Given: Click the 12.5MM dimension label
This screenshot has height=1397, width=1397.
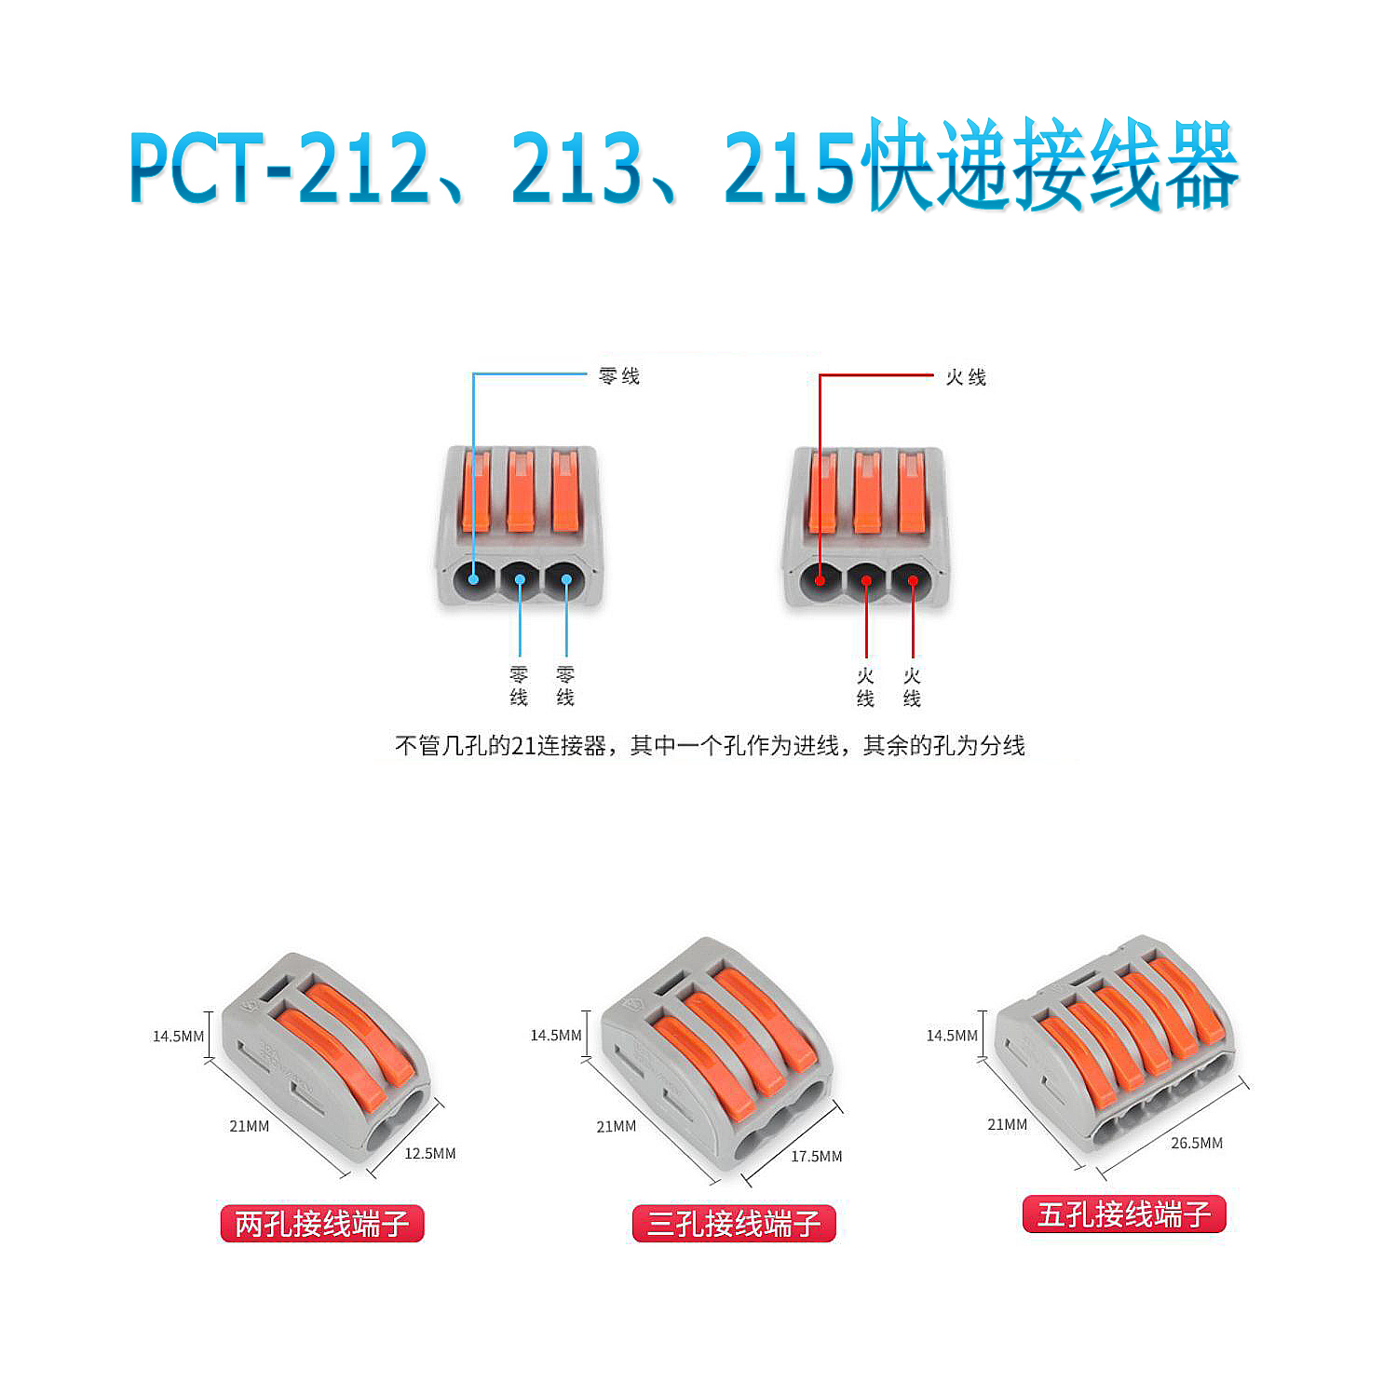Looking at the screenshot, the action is pos(429,1153).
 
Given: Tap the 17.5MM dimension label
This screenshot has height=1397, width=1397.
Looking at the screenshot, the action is pos(816,1156).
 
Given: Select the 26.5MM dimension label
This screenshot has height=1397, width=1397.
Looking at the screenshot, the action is pos(1197,1143).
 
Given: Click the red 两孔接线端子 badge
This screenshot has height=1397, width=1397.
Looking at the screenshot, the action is pos(322,1223).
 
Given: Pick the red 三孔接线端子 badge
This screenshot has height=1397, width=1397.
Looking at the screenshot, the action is pos(734,1223).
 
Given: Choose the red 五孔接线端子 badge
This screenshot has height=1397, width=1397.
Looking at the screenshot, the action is pos(1124,1214).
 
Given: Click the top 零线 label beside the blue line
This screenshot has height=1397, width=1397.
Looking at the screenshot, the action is pos(619,376).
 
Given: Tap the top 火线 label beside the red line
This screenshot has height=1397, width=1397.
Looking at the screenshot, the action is pos(966,377).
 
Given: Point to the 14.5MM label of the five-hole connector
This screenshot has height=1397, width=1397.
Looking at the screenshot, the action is pos(952,1036).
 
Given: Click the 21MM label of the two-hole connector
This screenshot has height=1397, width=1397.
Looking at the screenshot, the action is pos(250,1126).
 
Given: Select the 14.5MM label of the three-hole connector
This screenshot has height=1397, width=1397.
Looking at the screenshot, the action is pos(556,1036).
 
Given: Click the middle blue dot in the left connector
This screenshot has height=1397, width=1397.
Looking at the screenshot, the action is pos(520,579).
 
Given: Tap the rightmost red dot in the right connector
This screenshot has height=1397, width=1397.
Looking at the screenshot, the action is pos(913,581).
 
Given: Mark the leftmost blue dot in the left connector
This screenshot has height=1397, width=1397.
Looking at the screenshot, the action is pos(473,579).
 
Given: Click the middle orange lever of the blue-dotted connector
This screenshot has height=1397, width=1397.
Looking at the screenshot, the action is pos(521,492).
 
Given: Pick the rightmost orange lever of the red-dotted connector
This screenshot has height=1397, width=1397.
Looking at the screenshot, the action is pos(912,492).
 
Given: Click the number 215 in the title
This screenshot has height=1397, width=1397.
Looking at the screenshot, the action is pos(789,168).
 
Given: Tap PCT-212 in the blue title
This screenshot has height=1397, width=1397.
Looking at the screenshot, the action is pos(279,168).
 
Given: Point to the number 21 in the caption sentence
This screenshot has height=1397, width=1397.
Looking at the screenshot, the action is pos(522,746).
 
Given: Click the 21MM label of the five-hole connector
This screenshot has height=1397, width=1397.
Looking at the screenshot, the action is pos(1008,1124).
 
